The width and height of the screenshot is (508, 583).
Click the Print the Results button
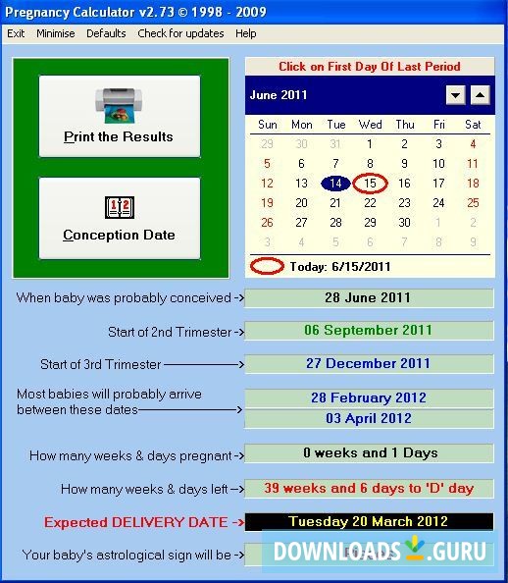coord(119,116)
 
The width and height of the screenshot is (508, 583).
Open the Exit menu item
coord(16,33)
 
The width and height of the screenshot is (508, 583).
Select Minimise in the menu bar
coord(56,33)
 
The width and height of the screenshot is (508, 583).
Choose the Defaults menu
coord(106,33)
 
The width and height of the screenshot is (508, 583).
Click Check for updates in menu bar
coord(180,33)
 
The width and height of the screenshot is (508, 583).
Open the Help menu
coord(246,33)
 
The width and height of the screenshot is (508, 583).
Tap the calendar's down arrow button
coord(455,95)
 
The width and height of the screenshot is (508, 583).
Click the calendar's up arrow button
coord(480,95)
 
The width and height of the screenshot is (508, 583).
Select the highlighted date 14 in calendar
coord(335,184)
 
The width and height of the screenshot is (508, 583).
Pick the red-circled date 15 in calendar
coord(370,184)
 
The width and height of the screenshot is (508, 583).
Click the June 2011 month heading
coord(279,95)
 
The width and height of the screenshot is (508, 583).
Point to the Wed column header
coord(370,125)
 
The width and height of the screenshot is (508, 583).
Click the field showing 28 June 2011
coord(369,297)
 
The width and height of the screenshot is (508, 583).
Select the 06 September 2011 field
coord(369,331)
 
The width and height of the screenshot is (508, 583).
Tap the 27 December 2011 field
coord(369,363)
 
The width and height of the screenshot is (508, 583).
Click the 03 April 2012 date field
coord(369,418)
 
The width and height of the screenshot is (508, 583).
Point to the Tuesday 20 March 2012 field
coord(369,521)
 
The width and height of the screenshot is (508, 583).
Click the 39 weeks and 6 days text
coord(369,488)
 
